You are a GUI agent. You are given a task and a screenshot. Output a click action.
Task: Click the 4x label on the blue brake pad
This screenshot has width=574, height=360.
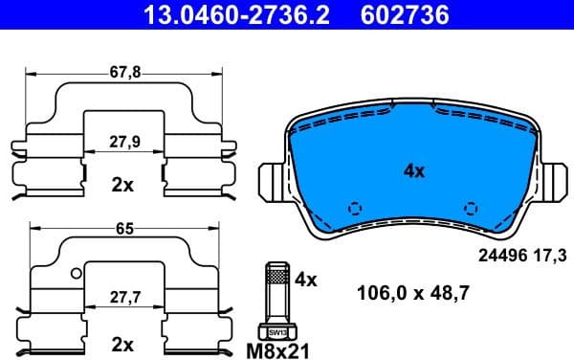pyautogui.click(x=412, y=171)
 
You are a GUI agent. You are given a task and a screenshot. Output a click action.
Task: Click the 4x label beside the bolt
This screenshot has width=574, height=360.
pyautogui.click(x=305, y=280)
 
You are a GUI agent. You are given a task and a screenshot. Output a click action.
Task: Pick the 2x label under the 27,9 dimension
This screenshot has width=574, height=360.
pyautogui.click(x=121, y=185)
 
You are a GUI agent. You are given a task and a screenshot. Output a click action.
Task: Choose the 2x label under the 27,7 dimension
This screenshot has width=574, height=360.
pyautogui.click(x=121, y=342)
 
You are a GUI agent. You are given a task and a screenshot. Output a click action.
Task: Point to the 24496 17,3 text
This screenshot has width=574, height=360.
pyautogui.click(x=521, y=255)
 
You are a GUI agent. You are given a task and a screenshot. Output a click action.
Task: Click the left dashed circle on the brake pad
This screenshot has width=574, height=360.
pyautogui.click(x=355, y=208)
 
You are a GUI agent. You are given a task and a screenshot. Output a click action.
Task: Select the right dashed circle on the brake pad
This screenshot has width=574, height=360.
pyautogui.click(x=469, y=208)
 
